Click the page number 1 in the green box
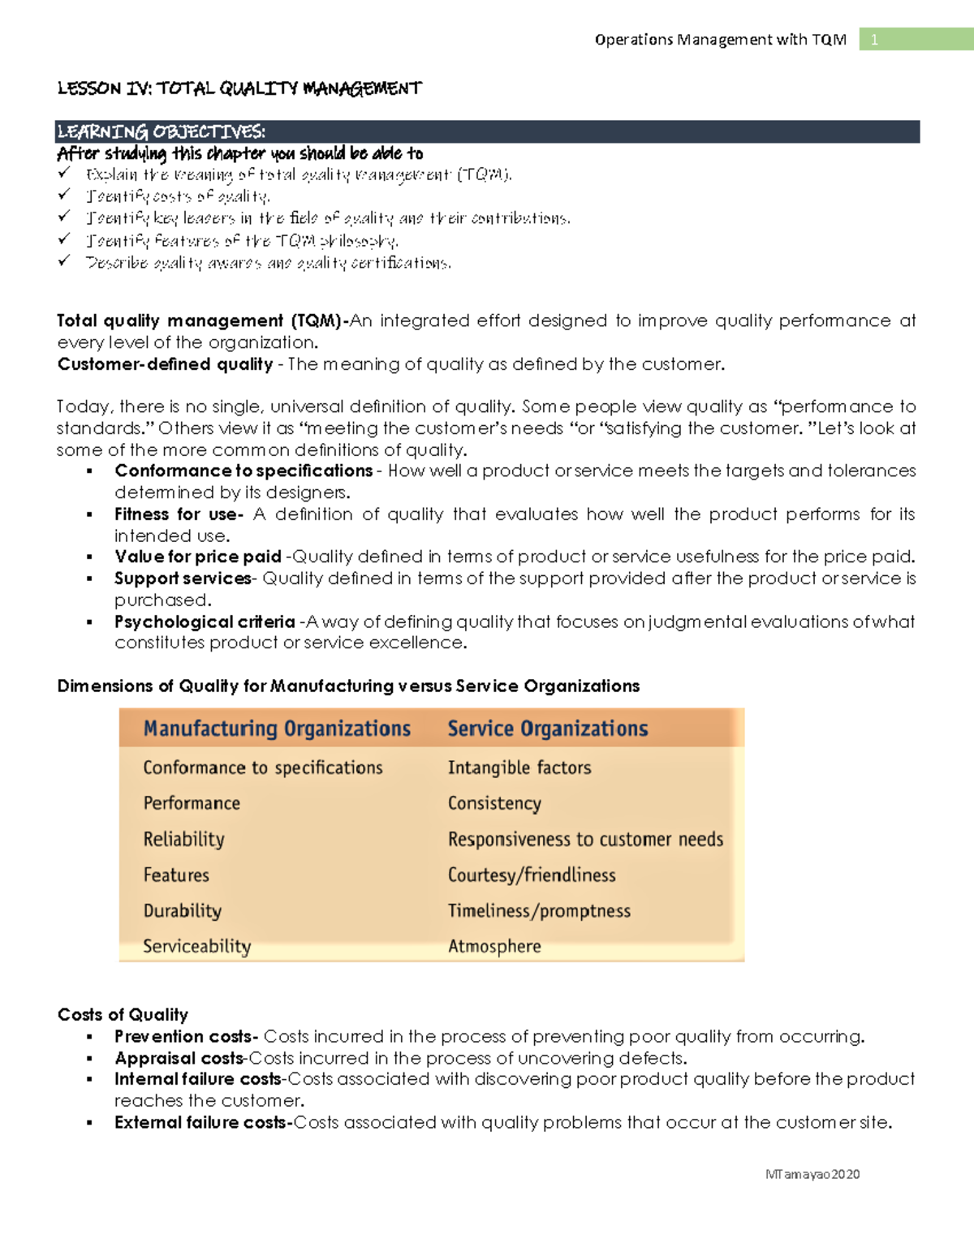[874, 40]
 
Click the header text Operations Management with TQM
[720, 40]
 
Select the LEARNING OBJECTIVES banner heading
[161, 131]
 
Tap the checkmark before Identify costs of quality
[64, 195]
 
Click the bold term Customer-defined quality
[165, 364]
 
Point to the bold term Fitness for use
[178, 514]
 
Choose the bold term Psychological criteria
[205, 622]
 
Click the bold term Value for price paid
[198, 557]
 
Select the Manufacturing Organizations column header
[277, 729]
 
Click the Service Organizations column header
[548, 729]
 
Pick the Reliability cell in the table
[184, 839]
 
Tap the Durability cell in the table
[183, 910]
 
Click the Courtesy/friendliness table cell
[532, 875]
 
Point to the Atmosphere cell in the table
[494, 946]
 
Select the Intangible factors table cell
[519, 768]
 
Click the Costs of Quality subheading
[123, 1015]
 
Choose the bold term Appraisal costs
[179, 1059]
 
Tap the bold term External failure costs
[203, 1123]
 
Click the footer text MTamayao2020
[812, 1174]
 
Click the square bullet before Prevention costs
[90, 1038]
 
